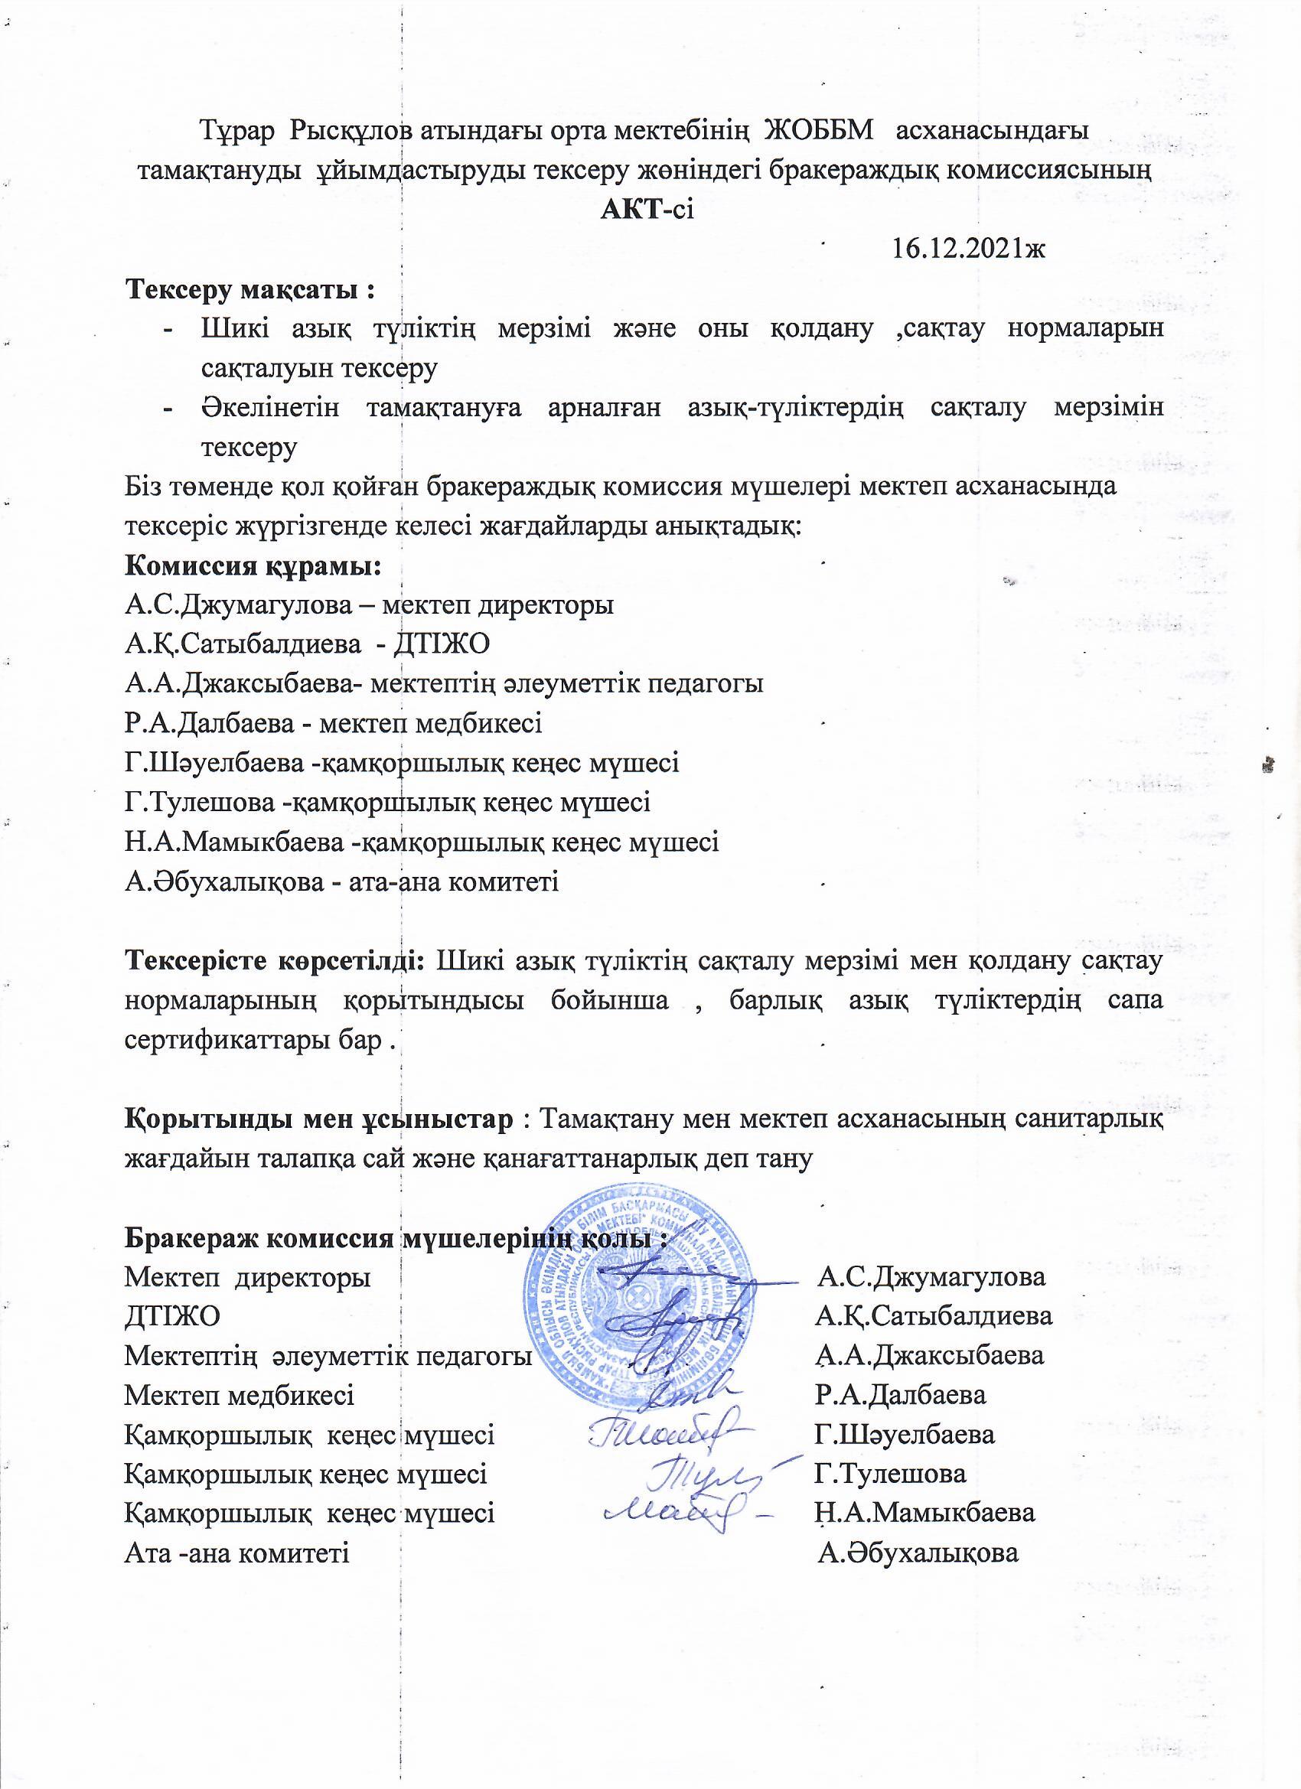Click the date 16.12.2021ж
pos(967,249)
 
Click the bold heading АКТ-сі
pos(647,210)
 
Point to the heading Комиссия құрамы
pos(253,566)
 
